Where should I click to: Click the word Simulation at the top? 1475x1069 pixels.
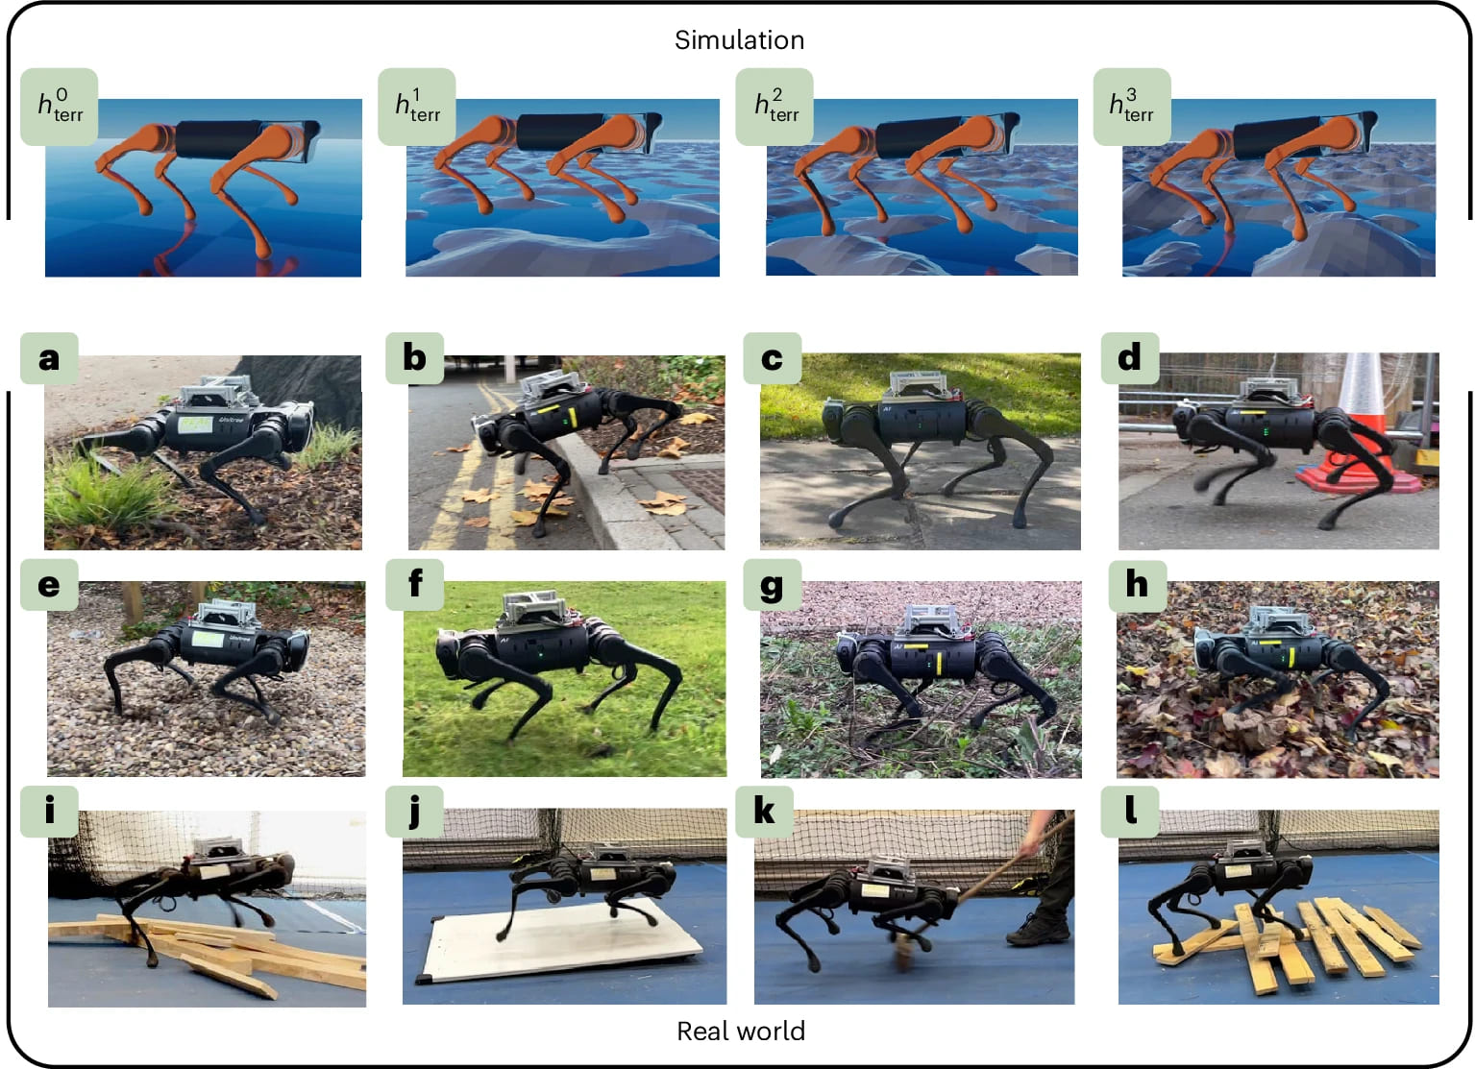pos(740,40)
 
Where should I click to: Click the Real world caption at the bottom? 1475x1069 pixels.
pos(741,1031)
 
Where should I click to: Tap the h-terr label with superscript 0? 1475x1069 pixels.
pos(60,106)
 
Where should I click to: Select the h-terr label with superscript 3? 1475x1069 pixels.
pos(1131,106)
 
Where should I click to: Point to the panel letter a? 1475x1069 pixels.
pos(49,359)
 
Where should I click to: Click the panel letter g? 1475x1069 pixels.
pos(772,586)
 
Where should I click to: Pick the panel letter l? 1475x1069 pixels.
pos(1131,811)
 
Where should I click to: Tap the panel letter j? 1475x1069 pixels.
pos(414,812)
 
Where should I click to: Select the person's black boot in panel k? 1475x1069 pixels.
pos(1039,930)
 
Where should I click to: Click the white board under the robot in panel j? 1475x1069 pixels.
pos(559,941)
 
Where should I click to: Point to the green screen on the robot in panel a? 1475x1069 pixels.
pos(195,423)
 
